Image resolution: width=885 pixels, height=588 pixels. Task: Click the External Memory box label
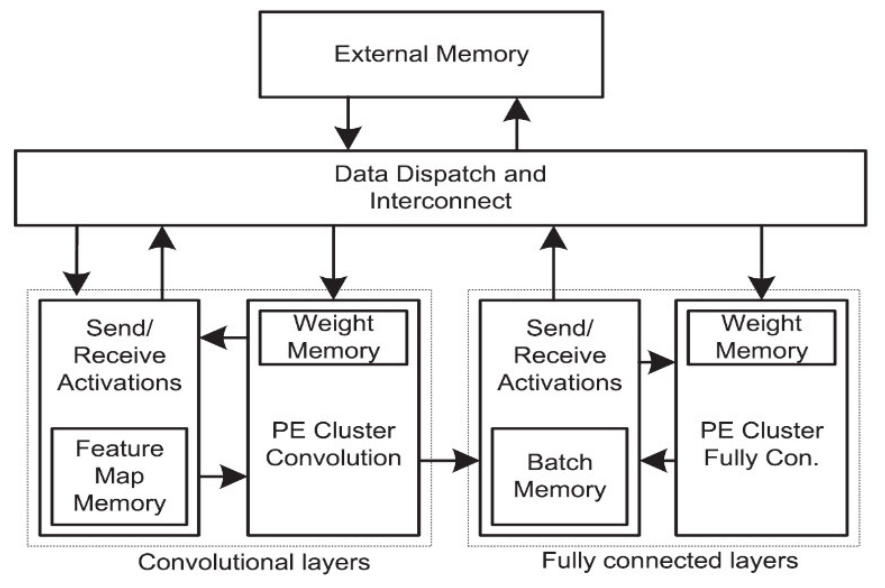[431, 54]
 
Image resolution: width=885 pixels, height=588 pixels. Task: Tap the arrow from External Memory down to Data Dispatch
[348, 124]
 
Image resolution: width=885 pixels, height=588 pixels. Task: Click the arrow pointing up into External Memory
[517, 124]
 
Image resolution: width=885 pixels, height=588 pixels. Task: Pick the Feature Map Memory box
[119, 476]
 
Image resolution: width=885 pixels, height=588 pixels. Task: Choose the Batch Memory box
[559, 476]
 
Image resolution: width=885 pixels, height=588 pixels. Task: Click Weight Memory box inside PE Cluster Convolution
[333, 337]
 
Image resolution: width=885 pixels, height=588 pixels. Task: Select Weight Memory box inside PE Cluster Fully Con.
[762, 337]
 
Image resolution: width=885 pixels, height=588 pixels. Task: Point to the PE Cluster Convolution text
[333, 444]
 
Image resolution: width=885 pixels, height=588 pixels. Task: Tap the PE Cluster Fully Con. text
[762, 444]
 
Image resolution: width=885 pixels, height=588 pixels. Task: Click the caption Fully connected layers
[670, 561]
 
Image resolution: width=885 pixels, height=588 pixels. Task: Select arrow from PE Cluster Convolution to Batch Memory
[449, 460]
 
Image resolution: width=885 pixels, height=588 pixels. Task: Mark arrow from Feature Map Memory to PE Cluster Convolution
[223, 476]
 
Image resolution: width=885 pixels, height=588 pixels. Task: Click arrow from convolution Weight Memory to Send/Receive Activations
[223, 337]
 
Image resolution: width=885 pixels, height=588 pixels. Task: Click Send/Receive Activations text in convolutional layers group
[119, 355]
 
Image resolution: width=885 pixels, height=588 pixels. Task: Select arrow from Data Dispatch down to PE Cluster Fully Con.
[762, 262]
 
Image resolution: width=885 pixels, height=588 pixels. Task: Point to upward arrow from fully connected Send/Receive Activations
[553, 262]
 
